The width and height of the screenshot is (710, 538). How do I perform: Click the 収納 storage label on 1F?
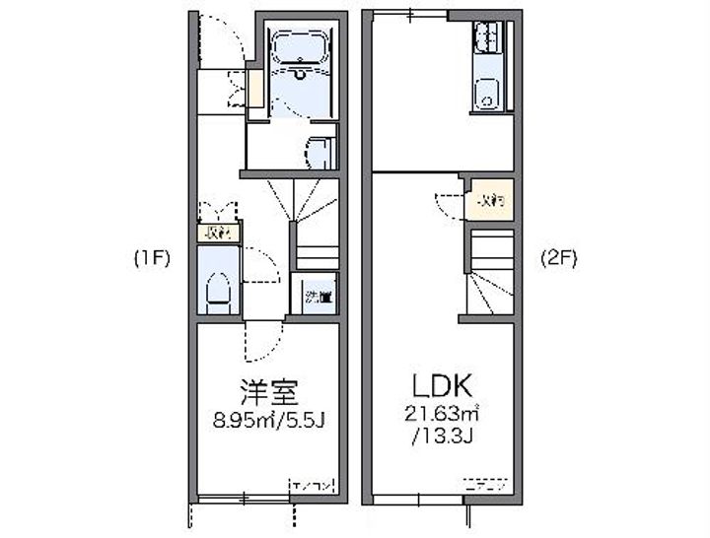click(x=217, y=234)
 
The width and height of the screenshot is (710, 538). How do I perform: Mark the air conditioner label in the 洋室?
click(x=313, y=485)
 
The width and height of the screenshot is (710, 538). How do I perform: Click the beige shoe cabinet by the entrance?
click(x=254, y=89)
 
